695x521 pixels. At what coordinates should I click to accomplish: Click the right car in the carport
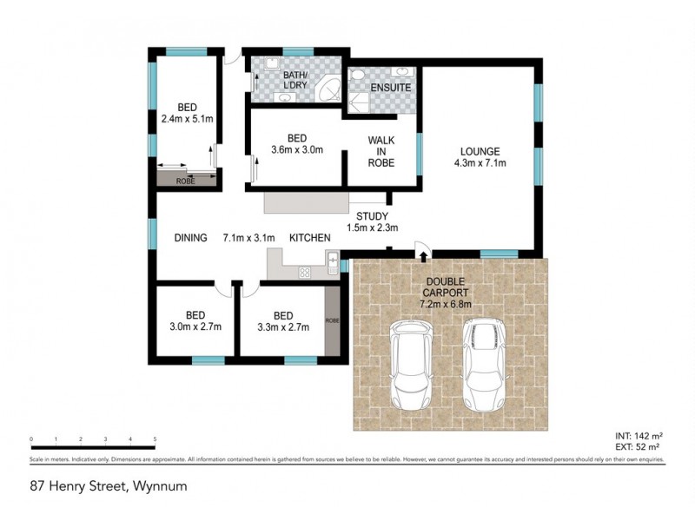tap(483, 365)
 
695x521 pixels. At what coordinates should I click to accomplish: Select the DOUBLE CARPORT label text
tap(445, 287)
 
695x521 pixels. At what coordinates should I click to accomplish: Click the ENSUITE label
tap(391, 89)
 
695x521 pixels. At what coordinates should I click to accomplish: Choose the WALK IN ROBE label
tap(381, 150)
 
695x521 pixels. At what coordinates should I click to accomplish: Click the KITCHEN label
tap(308, 237)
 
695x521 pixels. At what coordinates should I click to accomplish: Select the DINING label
tap(190, 237)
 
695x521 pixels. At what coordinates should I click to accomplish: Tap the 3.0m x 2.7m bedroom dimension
tap(194, 326)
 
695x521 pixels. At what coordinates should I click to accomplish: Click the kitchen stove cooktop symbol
tap(306, 272)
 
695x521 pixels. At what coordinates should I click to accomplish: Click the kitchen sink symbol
tap(332, 258)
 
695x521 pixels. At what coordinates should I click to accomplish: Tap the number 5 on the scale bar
tap(155, 439)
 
